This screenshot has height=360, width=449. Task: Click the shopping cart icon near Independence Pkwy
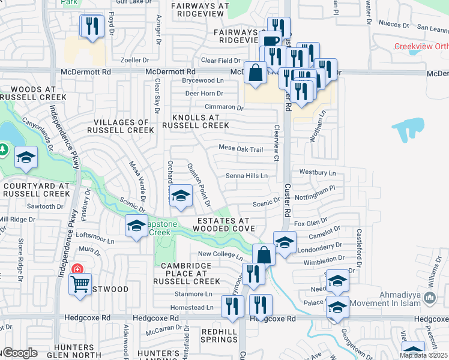(80, 284)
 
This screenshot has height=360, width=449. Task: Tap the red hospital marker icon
(77, 269)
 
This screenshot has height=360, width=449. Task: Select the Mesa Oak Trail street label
(241, 149)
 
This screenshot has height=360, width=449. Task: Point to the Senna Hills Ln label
(246, 176)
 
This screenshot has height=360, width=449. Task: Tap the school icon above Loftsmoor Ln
(136, 226)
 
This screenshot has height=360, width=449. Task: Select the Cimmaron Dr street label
(223, 108)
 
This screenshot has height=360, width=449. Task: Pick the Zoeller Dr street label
(134, 60)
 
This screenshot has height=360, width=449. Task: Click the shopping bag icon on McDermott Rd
(256, 73)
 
